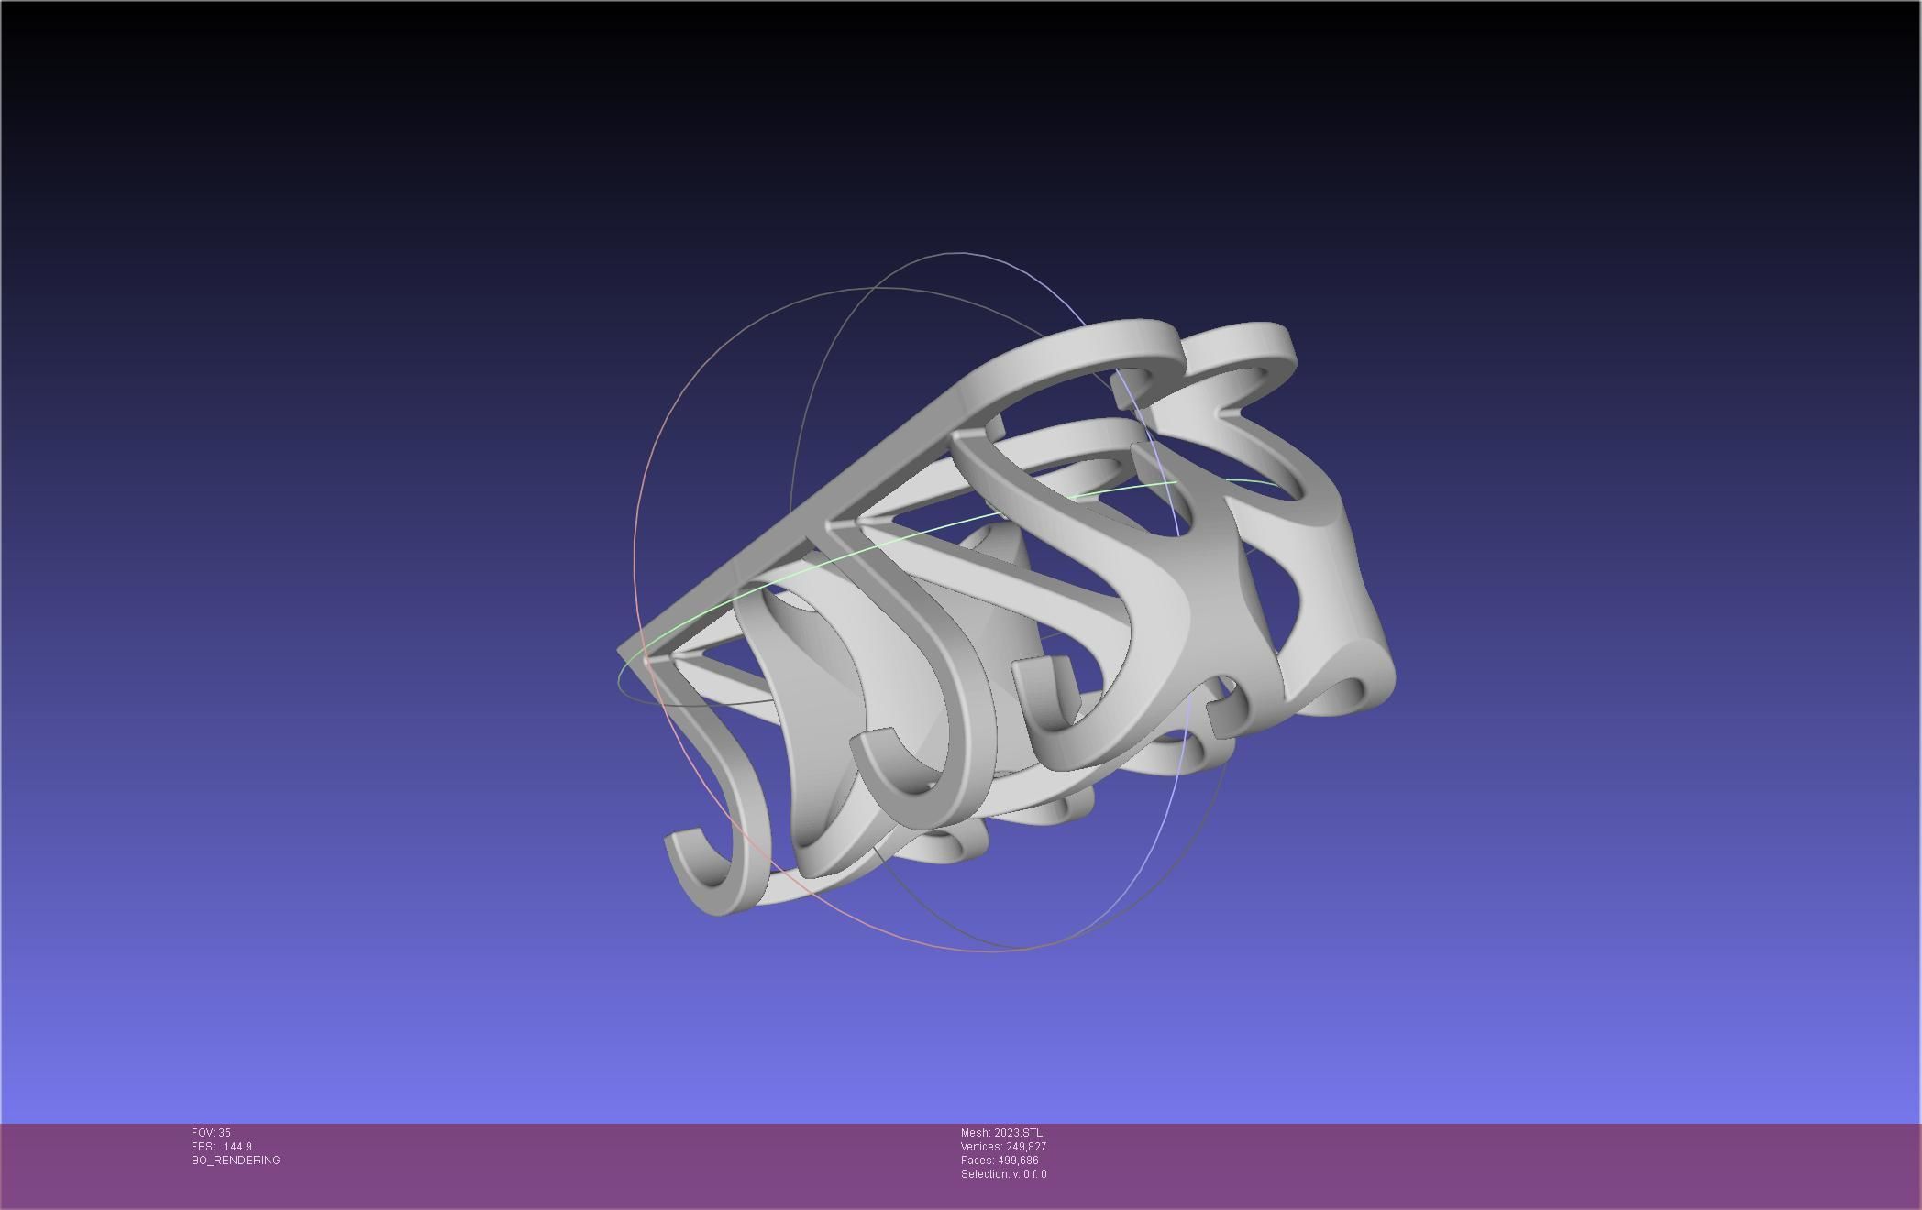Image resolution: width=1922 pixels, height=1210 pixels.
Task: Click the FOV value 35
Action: tap(225, 1133)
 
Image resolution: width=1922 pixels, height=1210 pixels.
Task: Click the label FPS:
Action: tap(203, 1147)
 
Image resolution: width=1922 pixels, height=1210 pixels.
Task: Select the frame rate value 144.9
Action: tap(237, 1147)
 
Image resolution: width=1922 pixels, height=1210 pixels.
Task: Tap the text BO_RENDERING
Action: tap(236, 1160)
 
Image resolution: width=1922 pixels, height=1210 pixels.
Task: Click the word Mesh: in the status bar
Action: tap(976, 1133)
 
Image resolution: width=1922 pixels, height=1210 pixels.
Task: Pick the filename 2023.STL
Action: tap(1018, 1133)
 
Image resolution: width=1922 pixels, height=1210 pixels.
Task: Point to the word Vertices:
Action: tap(981, 1147)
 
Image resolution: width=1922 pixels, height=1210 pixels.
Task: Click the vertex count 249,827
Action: tap(1026, 1147)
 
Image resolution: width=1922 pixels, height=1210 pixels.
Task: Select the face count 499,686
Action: tap(1018, 1160)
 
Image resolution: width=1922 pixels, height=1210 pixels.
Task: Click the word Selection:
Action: tap(984, 1174)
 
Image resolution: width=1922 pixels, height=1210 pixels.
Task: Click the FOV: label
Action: tap(204, 1133)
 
